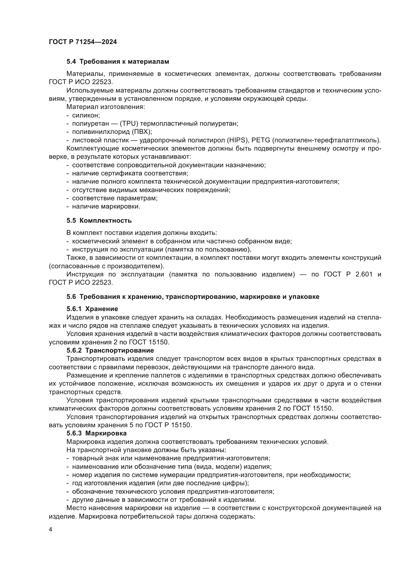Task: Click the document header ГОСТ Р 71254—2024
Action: [83, 42]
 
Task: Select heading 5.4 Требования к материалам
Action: [118, 62]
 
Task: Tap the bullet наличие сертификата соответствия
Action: [130, 173]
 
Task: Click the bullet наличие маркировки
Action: [106, 207]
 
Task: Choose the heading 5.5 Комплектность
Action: [99, 220]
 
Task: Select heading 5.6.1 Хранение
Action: [92, 309]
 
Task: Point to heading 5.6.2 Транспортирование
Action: [110, 351]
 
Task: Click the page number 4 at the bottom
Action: [51, 529]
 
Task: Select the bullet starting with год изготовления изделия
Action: [160, 483]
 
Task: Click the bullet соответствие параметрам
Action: [115, 198]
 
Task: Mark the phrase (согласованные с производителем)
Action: [106, 266]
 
